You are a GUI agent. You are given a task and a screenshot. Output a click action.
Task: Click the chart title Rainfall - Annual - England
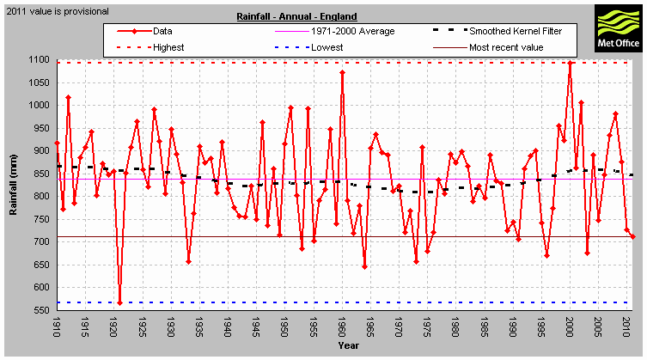[296, 16]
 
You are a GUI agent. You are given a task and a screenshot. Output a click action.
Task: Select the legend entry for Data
[162, 31]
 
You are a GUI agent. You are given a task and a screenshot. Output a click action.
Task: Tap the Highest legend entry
[168, 46]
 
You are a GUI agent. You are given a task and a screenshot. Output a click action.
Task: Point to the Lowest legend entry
[326, 46]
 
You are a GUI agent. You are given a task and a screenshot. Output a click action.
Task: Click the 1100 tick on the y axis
[37, 59]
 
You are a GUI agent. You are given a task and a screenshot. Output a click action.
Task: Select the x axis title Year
[348, 345]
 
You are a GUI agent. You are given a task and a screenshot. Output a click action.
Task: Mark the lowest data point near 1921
[119, 302]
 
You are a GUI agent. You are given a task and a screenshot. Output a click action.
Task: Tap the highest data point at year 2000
[570, 63]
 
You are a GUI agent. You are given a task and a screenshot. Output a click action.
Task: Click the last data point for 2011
[632, 236]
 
